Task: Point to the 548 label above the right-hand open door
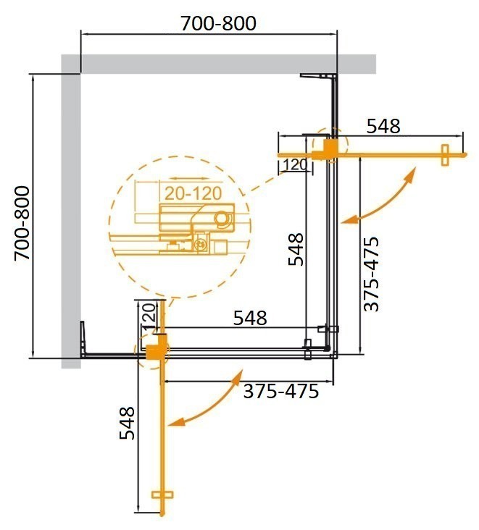383,126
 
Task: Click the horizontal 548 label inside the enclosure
250,317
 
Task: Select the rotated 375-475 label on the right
370,274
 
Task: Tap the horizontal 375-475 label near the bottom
280,392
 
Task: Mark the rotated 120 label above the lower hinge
148,316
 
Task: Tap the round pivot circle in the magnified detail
222,217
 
